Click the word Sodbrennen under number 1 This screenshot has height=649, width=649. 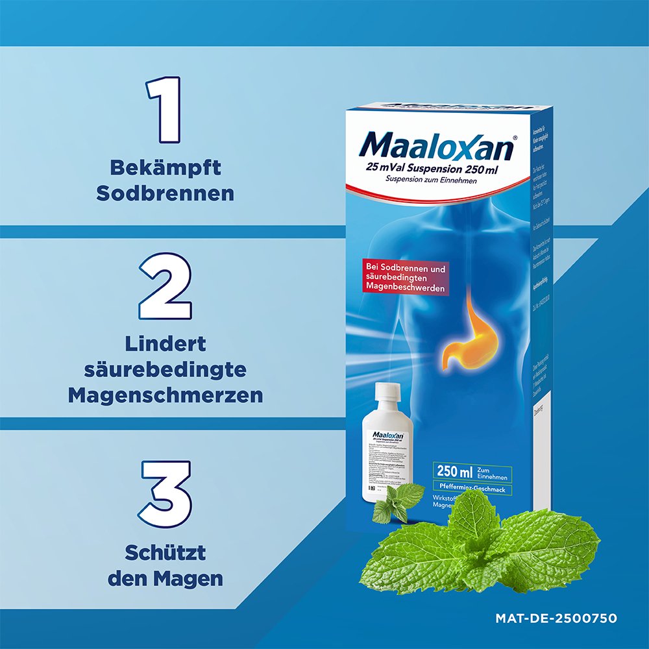165,193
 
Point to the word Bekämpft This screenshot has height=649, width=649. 165,167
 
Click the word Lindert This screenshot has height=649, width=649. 165,343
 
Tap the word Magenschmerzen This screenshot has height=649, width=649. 165,395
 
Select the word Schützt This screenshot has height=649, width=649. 165,553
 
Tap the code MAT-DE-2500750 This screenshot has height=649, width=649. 556,618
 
